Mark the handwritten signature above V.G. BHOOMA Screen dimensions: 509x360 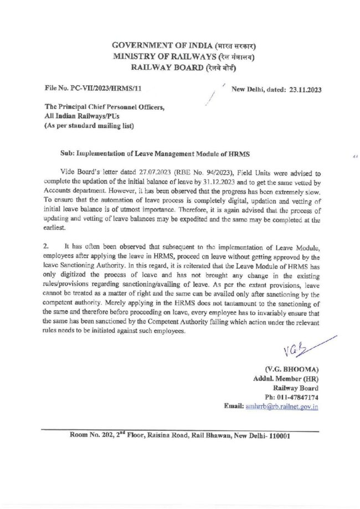coord(296,348)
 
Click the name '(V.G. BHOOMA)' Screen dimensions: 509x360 coord(291,370)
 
